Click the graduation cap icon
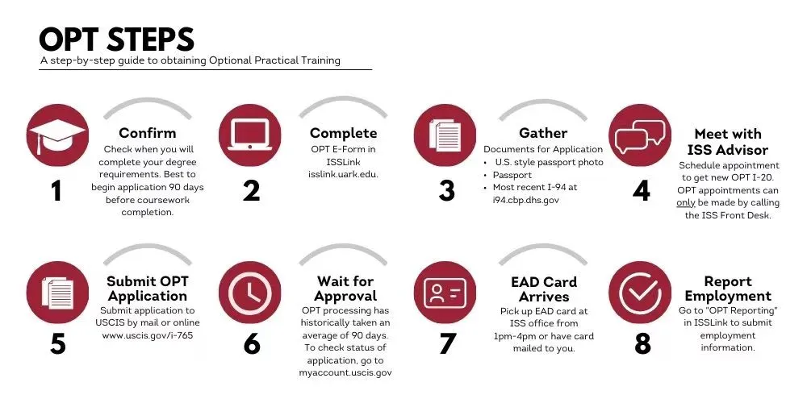point(57,135)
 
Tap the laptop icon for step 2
point(250,135)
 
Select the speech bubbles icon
point(640,135)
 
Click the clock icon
point(250,293)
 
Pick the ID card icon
point(445,293)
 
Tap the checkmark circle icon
point(640,293)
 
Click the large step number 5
point(57,344)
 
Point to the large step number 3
point(447,190)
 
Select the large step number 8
point(643,344)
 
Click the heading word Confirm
point(147,133)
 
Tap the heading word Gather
point(543,133)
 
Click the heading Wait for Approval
point(345,289)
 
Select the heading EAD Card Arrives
point(543,289)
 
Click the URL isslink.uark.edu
point(343,174)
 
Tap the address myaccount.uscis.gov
point(345,372)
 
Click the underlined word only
point(685,203)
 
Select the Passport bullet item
point(512,175)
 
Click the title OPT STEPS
point(117,39)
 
